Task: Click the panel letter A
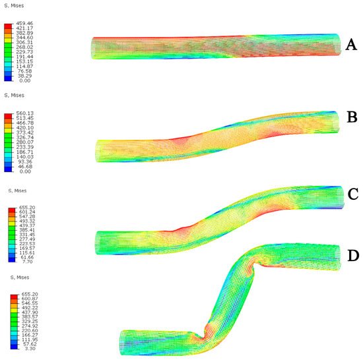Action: click(351, 45)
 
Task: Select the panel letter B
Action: click(352, 117)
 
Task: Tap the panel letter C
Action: click(353, 194)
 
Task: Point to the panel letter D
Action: click(353, 256)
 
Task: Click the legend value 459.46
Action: click(24, 23)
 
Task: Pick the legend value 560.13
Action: click(25, 113)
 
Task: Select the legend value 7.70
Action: click(27, 262)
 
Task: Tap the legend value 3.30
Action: click(30, 348)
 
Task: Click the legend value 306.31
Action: click(24, 43)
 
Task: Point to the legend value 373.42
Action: click(25, 133)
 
